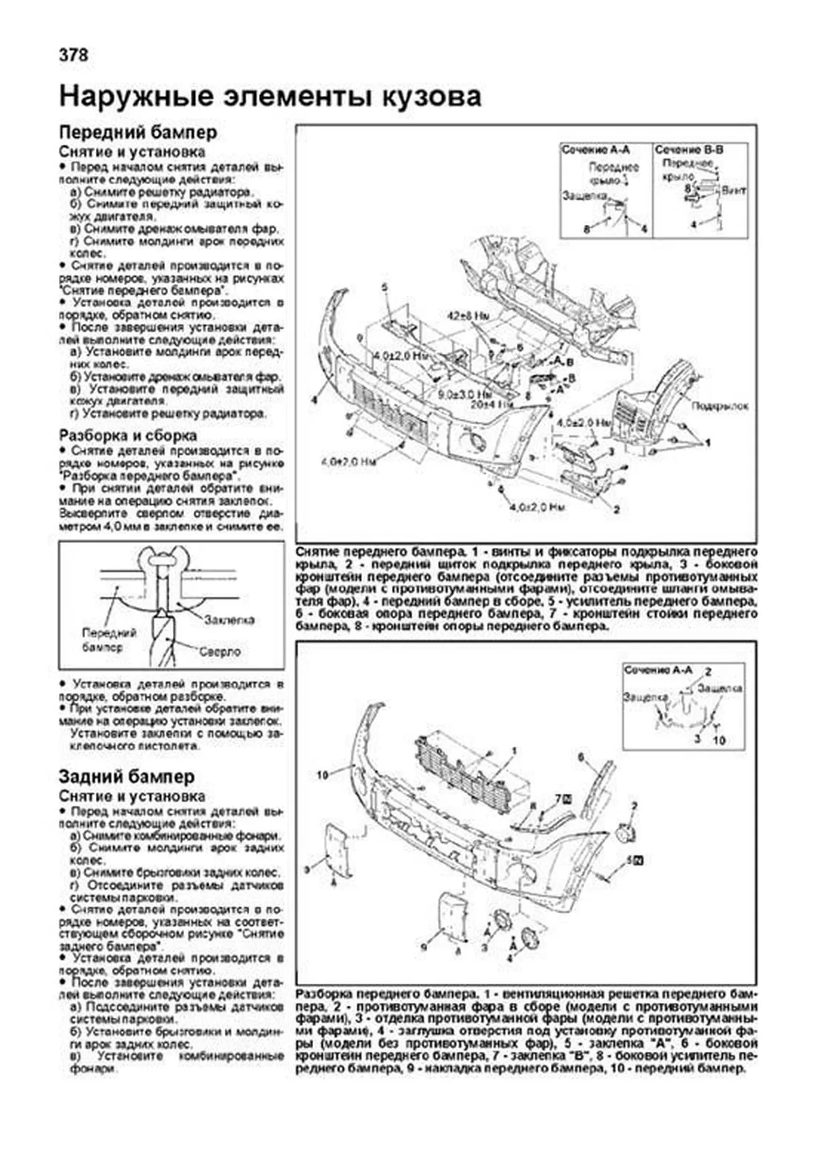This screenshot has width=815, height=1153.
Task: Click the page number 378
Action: (x=73, y=56)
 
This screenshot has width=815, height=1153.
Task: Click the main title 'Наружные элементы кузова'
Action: (x=270, y=96)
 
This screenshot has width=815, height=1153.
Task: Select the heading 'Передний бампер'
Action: (x=138, y=132)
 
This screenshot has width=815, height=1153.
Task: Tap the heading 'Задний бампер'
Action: (x=126, y=777)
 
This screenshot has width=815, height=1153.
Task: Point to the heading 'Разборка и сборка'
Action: (x=128, y=435)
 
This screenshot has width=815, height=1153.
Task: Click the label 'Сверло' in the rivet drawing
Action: (x=219, y=651)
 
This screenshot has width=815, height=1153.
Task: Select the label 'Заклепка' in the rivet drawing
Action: (x=230, y=620)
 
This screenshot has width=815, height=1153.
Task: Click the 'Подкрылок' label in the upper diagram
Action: (x=719, y=406)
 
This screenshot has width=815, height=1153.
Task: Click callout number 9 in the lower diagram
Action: (x=424, y=945)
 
